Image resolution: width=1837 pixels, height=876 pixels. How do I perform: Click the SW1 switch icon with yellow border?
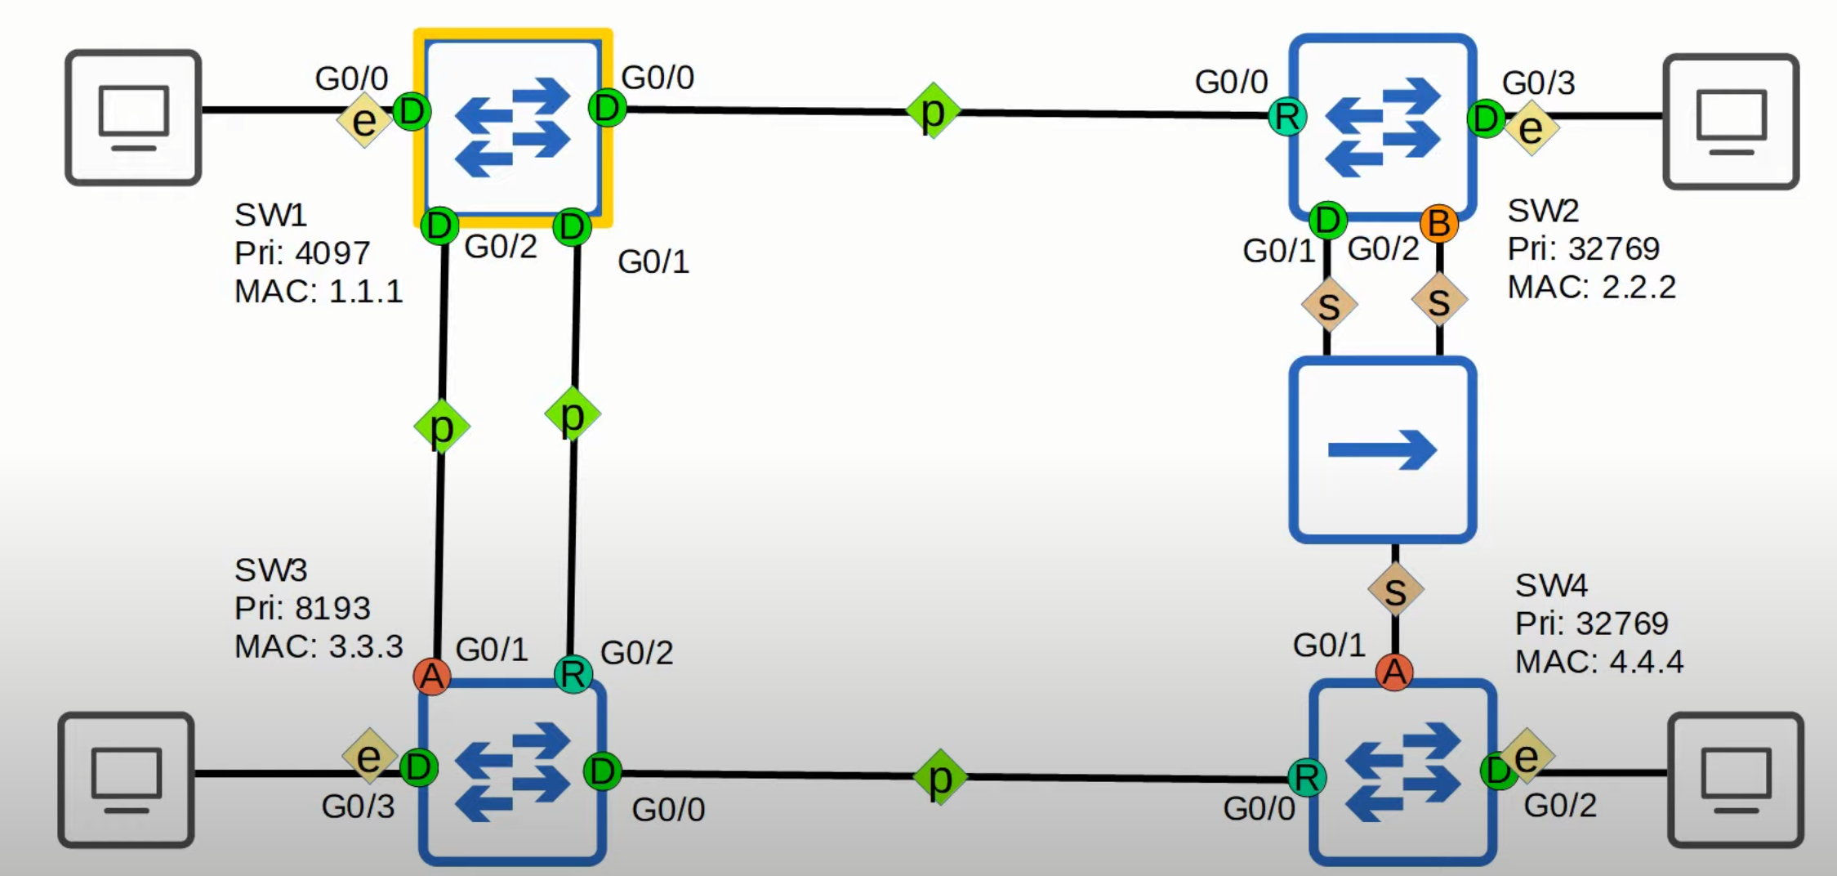513,127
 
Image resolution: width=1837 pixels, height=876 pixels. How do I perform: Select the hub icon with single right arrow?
1382,449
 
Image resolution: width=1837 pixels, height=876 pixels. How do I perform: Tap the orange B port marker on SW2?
1439,222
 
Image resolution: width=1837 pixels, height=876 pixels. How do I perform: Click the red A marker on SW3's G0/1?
431,676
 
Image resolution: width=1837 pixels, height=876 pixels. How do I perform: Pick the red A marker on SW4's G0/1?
1394,672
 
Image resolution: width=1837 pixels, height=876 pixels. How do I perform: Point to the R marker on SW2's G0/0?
1287,117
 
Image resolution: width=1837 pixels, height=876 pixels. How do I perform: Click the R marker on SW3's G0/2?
573,674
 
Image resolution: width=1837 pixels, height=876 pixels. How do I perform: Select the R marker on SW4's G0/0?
1306,777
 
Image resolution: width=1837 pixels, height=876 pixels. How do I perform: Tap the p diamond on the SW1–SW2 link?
933,111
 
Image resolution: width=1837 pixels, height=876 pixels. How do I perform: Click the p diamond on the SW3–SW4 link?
940,777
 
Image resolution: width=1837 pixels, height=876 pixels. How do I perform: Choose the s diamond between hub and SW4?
1395,590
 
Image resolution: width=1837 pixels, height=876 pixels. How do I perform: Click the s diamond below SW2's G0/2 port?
1439,302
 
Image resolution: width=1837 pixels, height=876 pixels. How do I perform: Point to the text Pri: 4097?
302,253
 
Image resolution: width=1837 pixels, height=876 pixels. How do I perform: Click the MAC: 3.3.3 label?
319,646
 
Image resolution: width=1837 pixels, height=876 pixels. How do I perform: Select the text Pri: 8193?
302,608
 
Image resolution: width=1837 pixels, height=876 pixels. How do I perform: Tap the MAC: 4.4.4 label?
1598,661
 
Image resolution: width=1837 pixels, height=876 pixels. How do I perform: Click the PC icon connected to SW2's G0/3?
1731,121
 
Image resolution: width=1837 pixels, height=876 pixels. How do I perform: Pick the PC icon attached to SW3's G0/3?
126,779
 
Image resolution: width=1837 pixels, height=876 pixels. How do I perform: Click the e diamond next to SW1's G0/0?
364,120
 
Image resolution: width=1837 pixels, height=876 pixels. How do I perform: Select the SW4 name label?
1551,585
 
